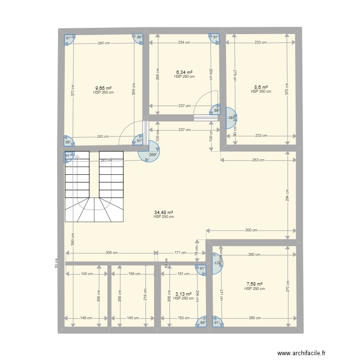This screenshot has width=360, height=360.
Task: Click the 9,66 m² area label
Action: (x=103, y=88)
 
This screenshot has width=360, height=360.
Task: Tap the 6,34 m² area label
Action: (x=184, y=72)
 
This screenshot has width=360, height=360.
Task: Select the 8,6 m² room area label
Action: (x=261, y=87)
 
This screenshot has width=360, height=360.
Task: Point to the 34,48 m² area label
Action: (x=163, y=213)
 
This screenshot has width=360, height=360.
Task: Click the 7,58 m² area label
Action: (x=254, y=285)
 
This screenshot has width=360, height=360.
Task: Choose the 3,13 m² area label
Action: (x=183, y=294)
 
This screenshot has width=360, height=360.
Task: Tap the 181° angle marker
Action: (x=231, y=118)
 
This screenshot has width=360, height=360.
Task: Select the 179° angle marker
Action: (x=217, y=263)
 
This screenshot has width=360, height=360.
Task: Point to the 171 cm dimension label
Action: (x=180, y=252)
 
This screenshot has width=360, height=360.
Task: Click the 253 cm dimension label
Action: (x=258, y=160)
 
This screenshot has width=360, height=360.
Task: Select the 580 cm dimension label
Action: (x=72, y=240)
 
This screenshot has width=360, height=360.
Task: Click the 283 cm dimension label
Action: (x=106, y=161)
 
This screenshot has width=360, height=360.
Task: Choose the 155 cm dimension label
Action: (x=134, y=274)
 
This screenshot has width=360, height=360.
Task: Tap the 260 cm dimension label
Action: (x=103, y=43)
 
